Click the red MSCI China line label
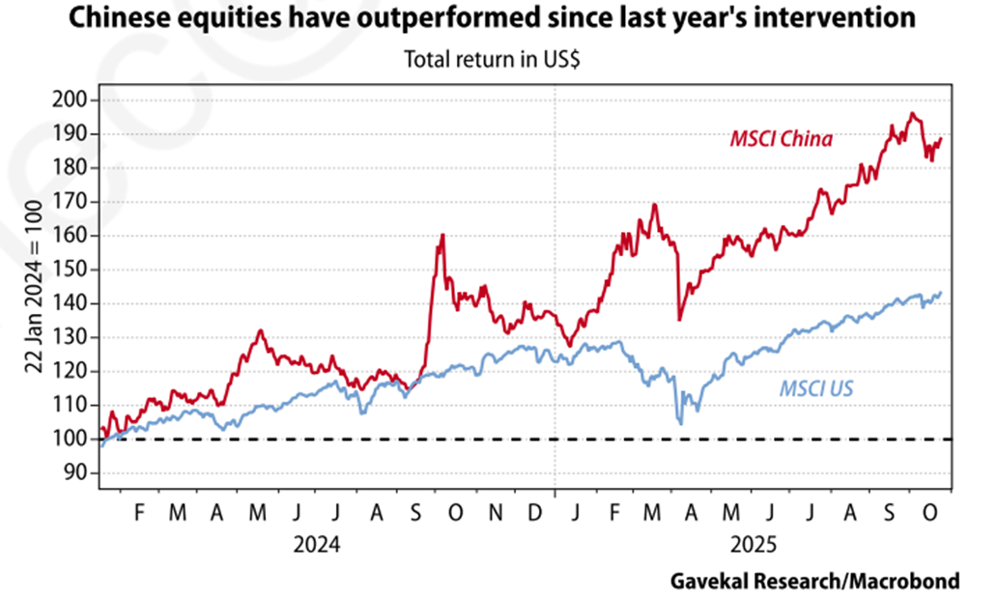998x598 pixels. [781, 139]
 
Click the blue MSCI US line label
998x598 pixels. [815, 389]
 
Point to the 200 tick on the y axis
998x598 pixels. [73, 100]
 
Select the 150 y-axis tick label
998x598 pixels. [73, 270]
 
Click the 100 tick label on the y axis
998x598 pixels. [73, 440]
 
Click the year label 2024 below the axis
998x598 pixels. [318, 545]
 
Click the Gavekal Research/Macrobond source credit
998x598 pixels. [814, 581]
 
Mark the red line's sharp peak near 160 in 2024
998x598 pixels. [442, 235]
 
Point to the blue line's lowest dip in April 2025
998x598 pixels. [681, 423]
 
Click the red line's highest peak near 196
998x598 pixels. [911, 113]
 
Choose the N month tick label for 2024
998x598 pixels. [496, 514]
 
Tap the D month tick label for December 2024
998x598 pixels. [534, 514]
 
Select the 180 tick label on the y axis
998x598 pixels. [73, 167]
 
